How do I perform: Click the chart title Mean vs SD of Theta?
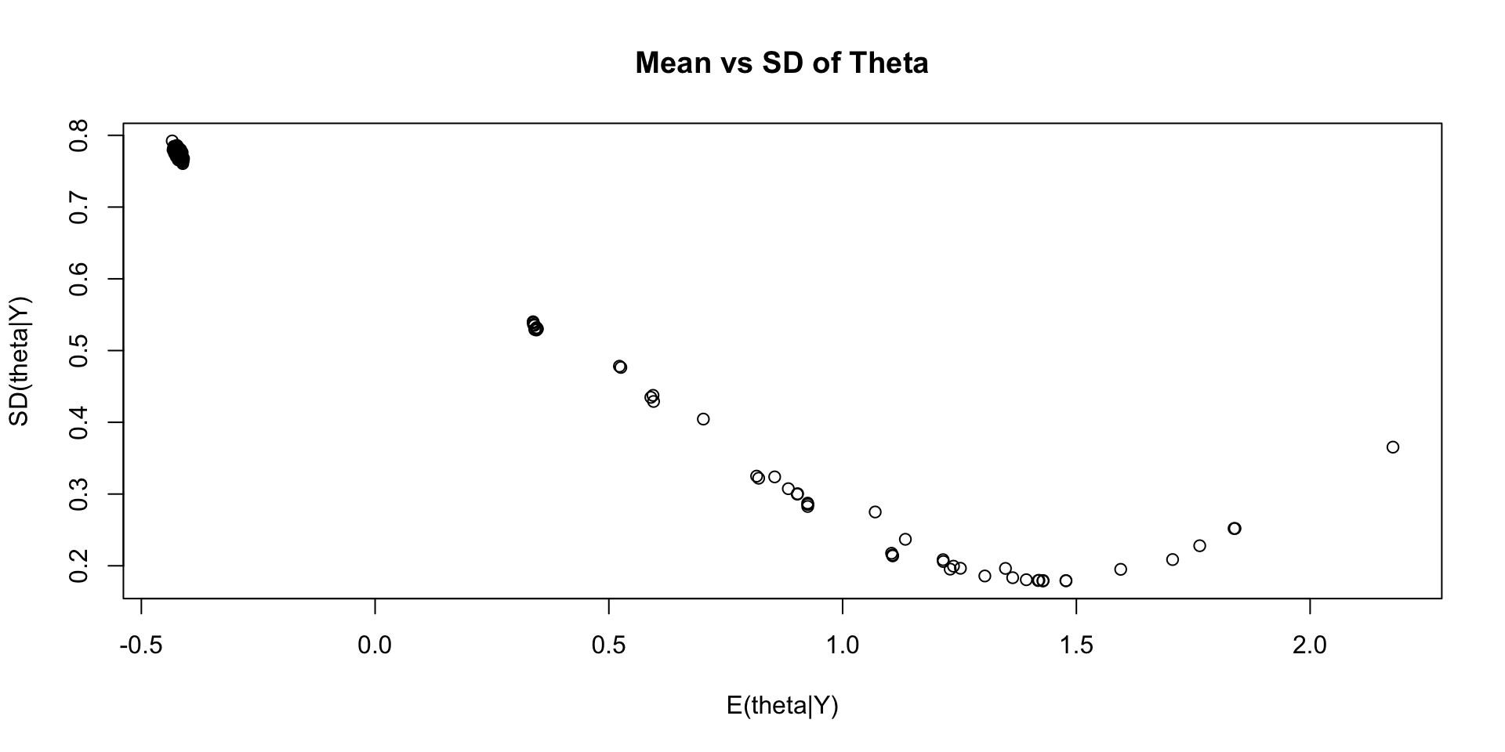point(782,63)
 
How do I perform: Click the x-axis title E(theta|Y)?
point(782,706)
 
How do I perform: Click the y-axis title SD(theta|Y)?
point(19,361)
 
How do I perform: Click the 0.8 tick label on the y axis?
point(78,136)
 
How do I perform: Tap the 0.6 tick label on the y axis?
point(78,279)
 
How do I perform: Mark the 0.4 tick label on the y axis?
point(78,422)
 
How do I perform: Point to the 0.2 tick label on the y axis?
point(78,566)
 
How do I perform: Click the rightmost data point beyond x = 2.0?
point(1393,447)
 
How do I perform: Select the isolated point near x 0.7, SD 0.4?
point(703,419)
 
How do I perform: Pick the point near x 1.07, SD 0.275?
point(875,512)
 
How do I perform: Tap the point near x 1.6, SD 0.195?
point(1121,569)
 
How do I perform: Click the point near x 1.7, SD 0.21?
point(1173,559)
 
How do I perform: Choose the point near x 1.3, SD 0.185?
point(985,576)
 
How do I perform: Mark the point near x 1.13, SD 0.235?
point(905,539)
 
